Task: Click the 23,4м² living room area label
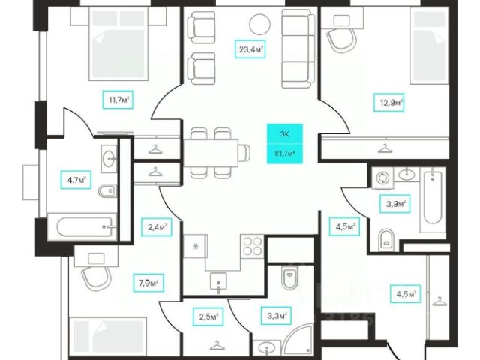click(x=250, y=50)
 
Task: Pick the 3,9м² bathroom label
click(x=395, y=203)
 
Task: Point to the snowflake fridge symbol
click(x=196, y=245)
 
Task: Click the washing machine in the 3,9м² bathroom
click(x=382, y=178)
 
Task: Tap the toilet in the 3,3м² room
click(x=289, y=279)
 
